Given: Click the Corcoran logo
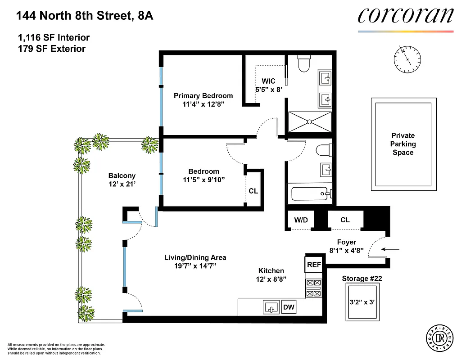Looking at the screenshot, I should (405, 16).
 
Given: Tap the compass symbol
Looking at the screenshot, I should (408, 59).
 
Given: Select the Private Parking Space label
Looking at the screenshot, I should (403, 144).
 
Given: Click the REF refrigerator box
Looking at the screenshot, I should (314, 265).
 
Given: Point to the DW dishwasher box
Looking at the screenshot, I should (289, 307).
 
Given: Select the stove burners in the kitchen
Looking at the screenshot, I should (313, 288).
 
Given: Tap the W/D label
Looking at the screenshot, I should (301, 220).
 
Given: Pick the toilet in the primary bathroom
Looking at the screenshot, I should (304, 64).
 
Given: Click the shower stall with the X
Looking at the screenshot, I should (310, 121).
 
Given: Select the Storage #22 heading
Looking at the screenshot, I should (362, 279).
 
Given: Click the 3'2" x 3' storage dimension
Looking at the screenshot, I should (362, 302).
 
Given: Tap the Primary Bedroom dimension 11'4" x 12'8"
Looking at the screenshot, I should (203, 104).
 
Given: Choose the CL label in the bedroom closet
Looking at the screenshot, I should (253, 191).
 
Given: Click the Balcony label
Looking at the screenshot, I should (122, 175).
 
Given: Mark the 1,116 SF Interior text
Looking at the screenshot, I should (53, 38).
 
